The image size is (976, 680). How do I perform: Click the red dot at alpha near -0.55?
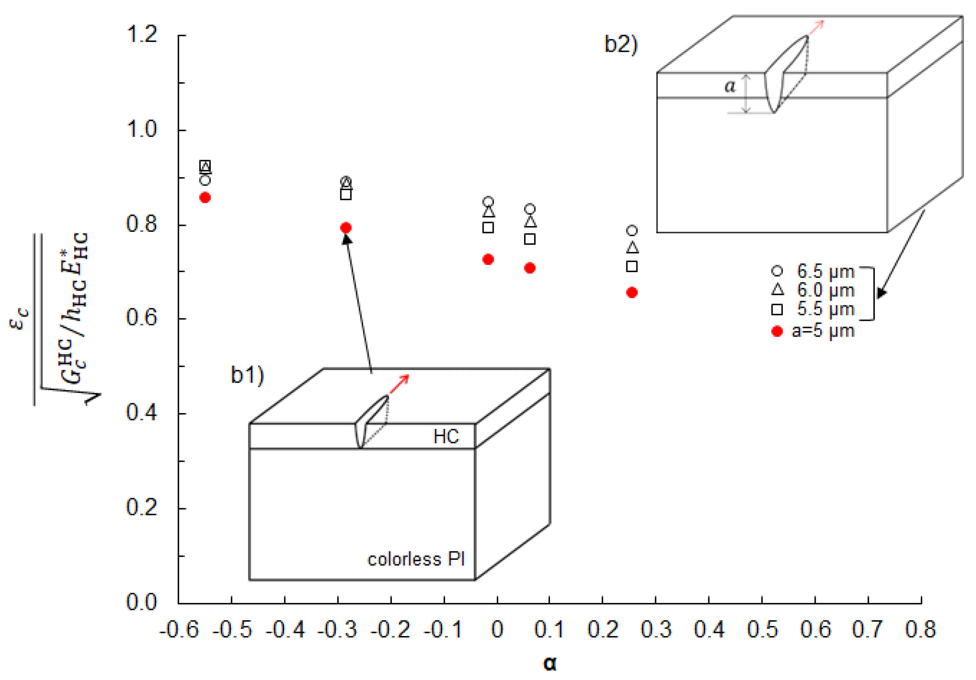click(205, 198)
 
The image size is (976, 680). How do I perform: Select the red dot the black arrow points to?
click(346, 228)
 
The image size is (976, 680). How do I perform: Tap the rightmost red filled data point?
click(632, 292)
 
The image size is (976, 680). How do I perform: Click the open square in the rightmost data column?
click(632, 266)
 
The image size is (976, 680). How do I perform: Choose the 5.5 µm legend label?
click(825, 309)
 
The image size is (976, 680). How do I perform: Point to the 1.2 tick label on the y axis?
click(142, 34)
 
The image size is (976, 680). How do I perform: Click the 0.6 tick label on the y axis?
click(142, 318)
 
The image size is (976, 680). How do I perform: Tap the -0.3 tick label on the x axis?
click(338, 630)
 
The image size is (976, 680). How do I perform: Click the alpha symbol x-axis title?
click(550, 663)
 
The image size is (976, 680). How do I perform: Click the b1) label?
click(247, 375)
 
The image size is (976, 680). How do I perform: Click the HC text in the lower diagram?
click(446, 437)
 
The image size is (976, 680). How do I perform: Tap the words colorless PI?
click(416, 560)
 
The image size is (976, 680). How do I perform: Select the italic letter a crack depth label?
click(729, 86)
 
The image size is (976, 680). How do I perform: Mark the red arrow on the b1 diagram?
click(400, 384)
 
